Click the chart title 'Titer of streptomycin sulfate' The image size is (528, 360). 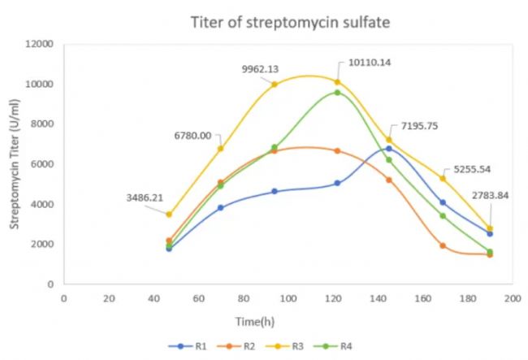(290, 22)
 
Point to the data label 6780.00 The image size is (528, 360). (192, 136)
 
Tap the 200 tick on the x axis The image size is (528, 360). (512, 299)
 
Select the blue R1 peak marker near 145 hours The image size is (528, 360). (389, 149)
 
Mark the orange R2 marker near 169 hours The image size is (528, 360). (443, 245)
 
